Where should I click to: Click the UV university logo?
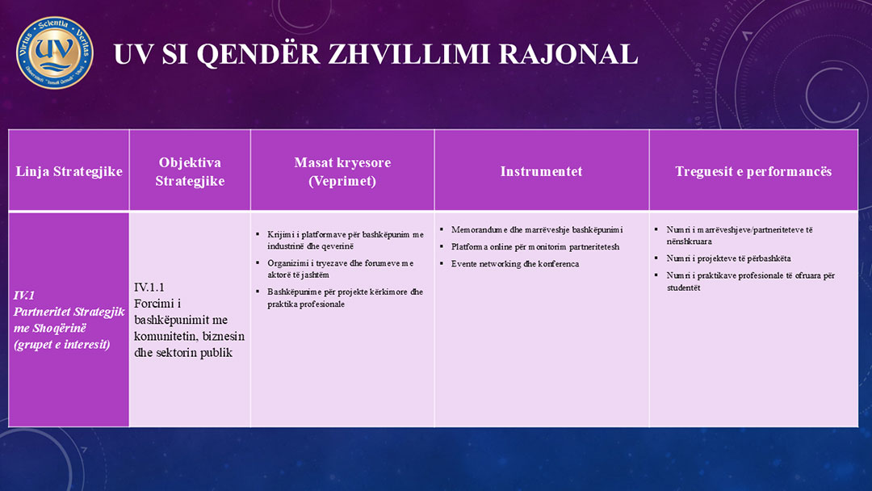[x=55, y=52]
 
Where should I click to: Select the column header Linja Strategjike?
[x=69, y=171]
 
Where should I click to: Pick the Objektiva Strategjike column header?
[x=190, y=171]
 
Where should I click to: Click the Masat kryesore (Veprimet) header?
[x=342, y=171]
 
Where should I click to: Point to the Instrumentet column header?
[x=541, y=171]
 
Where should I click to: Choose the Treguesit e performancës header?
[x=753, y=171]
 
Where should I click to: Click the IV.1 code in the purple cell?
[x=24, y=296]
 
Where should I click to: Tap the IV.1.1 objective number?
[x=149, y=287]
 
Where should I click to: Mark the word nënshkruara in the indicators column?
[x=689, y=241]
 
